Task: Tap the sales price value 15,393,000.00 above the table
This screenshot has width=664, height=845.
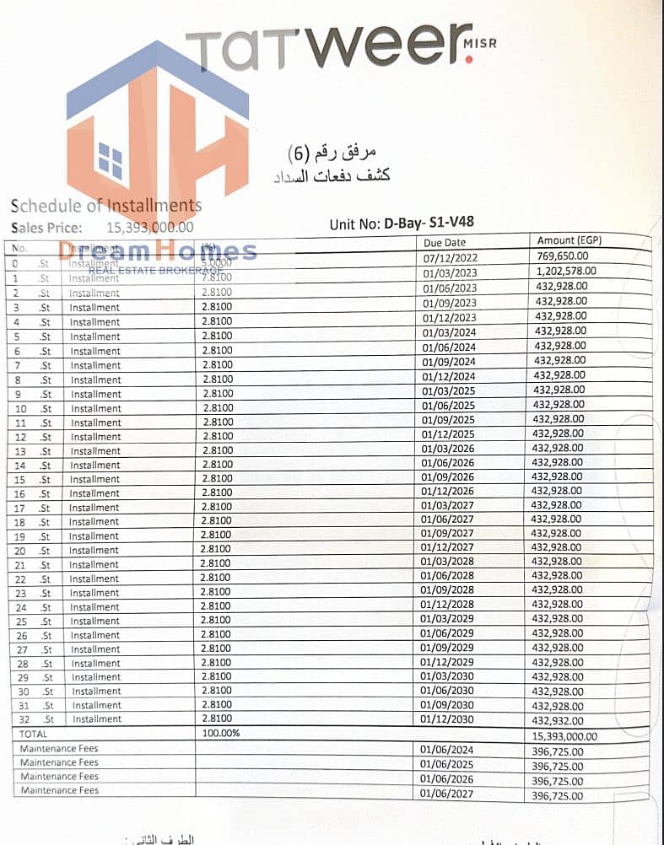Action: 149,227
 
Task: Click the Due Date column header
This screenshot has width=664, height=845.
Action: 443,243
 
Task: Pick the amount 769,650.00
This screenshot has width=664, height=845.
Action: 562,256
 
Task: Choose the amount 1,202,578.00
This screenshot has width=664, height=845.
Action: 566,271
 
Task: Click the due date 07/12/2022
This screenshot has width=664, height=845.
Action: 449,257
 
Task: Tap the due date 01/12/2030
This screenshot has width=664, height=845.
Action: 449,719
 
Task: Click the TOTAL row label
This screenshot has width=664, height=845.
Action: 35,735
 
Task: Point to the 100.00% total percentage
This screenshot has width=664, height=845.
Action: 221,734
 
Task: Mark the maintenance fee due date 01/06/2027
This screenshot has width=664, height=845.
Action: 449,794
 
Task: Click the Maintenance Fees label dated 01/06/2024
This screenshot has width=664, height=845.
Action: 60,749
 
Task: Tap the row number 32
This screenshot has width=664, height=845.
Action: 24,719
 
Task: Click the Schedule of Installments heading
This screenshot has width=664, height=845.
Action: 106,206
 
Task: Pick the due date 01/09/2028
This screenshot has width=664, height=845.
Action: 449,590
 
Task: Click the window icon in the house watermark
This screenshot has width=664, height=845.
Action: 111,160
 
